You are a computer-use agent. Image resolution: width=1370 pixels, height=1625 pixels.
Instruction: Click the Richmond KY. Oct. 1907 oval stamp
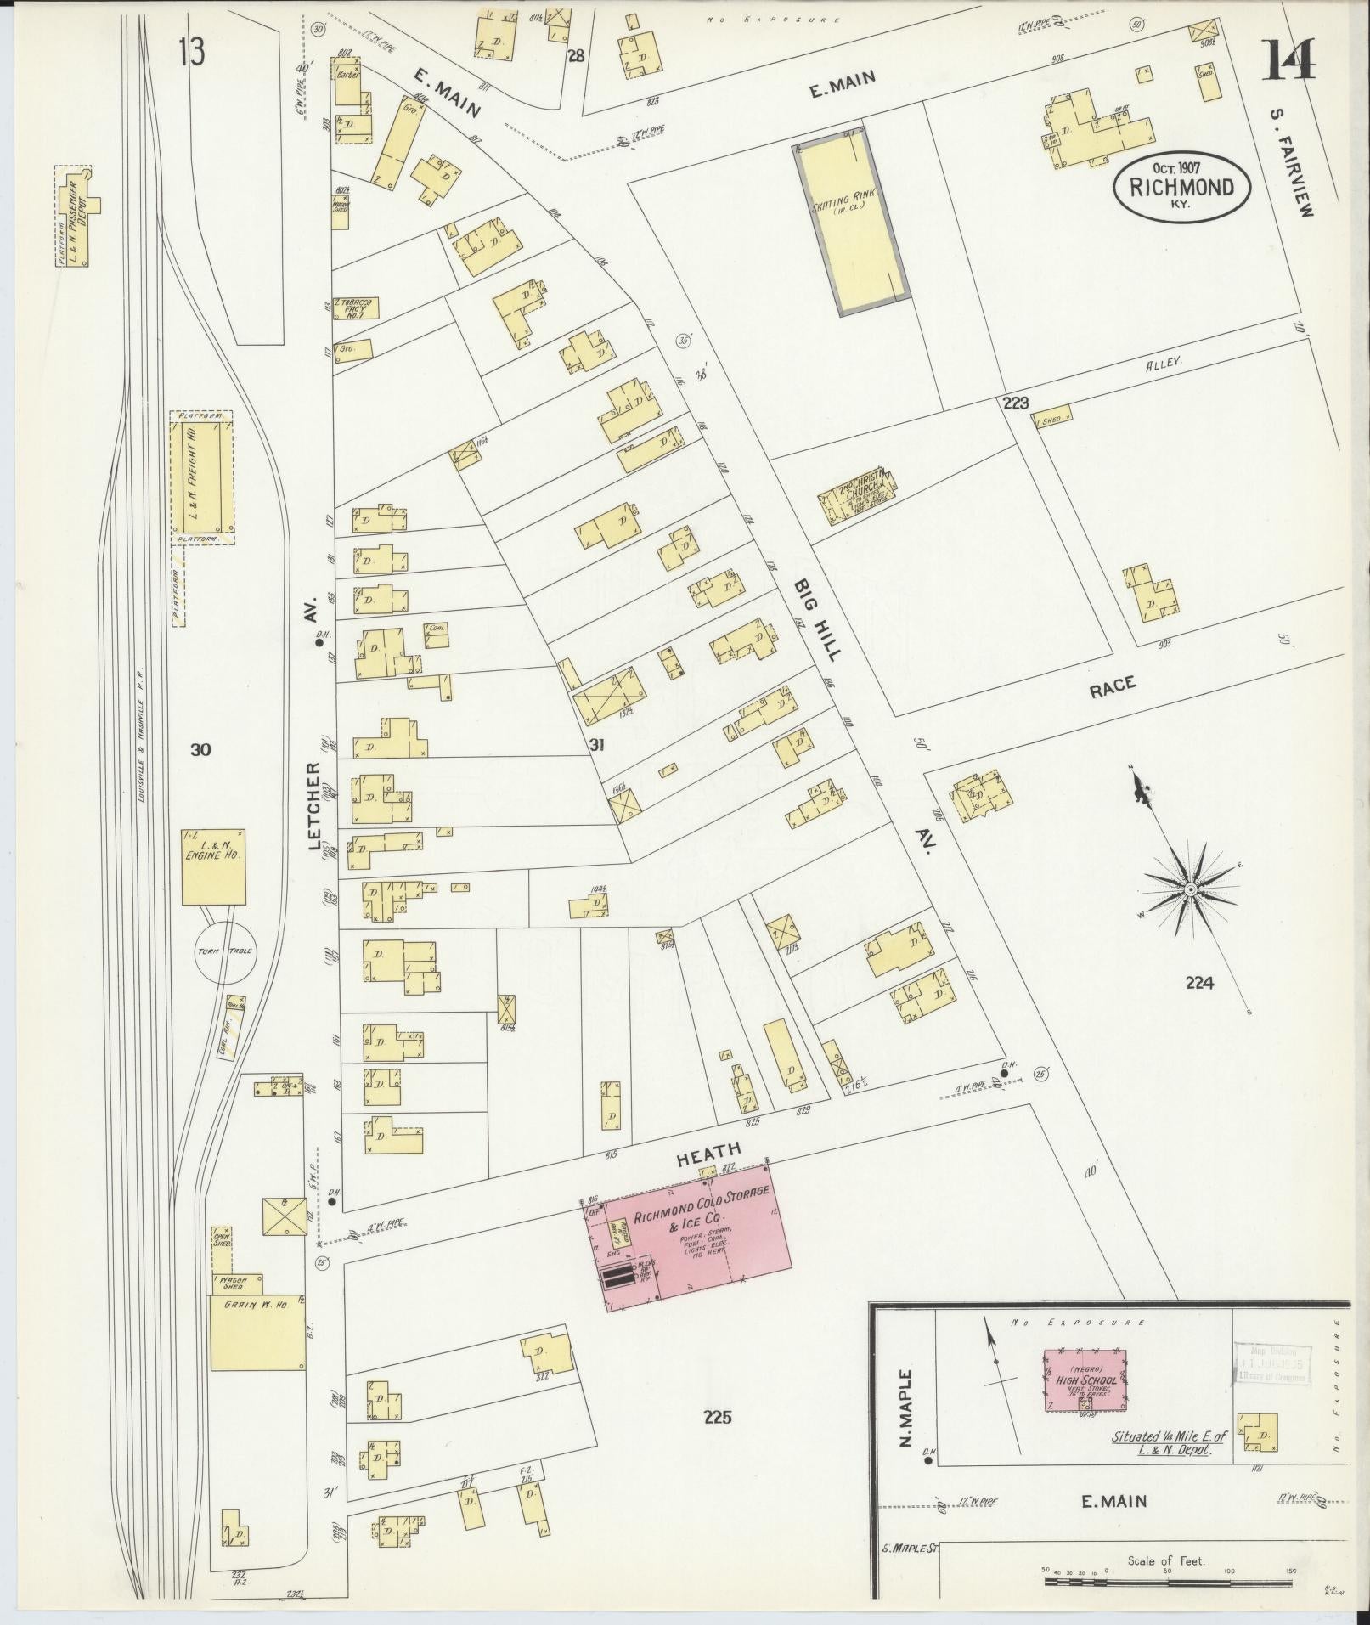click(1181, 186)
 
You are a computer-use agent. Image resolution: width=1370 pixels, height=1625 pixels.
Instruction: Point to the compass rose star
click(1191, 889)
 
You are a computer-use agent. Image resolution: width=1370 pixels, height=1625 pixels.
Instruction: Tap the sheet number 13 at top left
click(192, 53)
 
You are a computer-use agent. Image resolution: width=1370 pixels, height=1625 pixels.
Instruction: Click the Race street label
click(1113, 688)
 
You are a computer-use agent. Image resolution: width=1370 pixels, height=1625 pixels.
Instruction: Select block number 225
click(717, 1416)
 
